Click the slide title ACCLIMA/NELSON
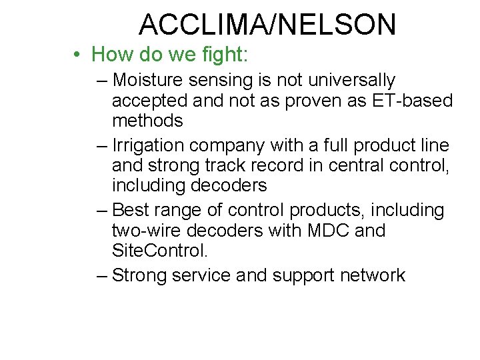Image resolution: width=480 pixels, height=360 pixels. point(267,25)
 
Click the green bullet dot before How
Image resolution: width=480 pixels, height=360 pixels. point(78,54)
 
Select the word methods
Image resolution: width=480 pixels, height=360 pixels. point(147,121)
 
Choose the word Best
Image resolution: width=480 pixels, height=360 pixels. point(131,210)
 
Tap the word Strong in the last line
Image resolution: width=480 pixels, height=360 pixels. point(139,275)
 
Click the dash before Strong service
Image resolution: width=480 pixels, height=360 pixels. point(101,275)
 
